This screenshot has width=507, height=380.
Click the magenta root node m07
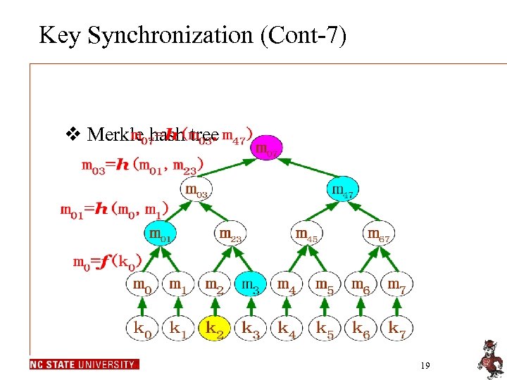pyautogui.click(x=265, y=148)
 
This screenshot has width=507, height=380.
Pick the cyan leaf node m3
pyautogui.click(x=251, y=285)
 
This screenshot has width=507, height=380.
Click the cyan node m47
pyautogui.click(x=342, y=190)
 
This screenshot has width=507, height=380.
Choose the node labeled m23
pyautogui.click(x=230, y=234)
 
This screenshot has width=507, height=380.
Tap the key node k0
pyautogui.click(x=142, y=328)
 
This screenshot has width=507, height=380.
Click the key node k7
pyautogui.click(x=398, y=328)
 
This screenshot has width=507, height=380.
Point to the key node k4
pyautogui.click(x=288, y=328)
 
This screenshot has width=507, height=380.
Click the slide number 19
pyautogui.click(x=425, y=366)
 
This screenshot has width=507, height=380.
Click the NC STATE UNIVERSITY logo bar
pyautogui.click(x=84, y=365)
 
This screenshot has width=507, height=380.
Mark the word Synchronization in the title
pyautogui.click(x=188, y=35)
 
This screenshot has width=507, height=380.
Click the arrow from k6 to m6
pyautogui.click(x=361, y=306)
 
